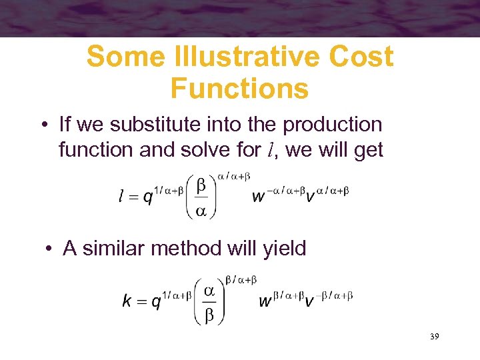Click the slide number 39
[434, 337]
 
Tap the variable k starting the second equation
[126, 301]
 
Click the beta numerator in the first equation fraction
[201, 184]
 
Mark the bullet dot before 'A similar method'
[49, 249]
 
